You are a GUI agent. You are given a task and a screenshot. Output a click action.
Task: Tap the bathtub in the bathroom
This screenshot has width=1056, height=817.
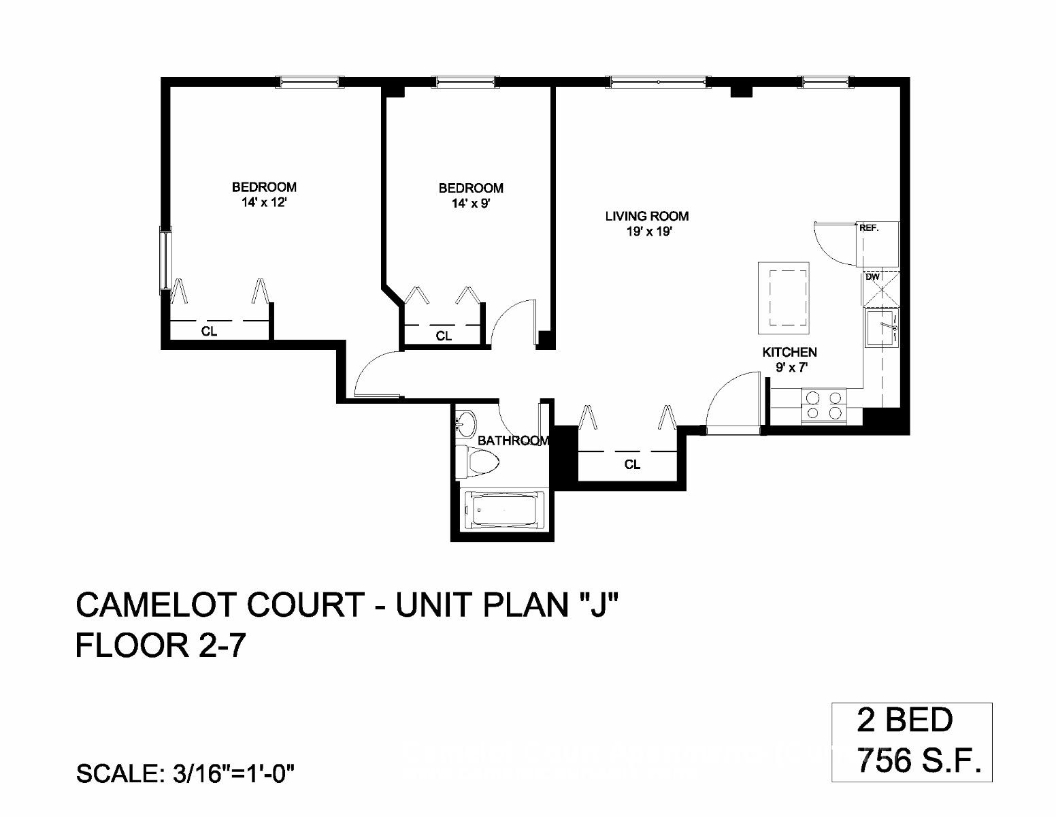[504, 510]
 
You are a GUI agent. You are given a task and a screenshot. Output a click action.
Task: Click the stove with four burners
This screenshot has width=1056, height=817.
[823, 404]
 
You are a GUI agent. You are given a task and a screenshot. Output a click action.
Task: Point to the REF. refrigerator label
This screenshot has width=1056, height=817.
[869, 229]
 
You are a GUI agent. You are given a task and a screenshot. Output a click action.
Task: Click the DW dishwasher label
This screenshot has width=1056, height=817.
[872, 277]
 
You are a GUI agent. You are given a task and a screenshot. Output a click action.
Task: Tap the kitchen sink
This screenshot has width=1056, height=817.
[881, 328]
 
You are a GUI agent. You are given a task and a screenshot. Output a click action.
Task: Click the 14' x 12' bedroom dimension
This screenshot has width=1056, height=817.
[264, 202]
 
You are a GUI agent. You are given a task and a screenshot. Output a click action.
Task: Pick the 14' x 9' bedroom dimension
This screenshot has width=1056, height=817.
[471, 204]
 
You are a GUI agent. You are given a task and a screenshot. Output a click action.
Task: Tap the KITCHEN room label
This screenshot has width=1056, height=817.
[789, 352]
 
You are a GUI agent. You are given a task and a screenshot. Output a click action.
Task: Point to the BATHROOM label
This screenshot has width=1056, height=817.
[512, 440]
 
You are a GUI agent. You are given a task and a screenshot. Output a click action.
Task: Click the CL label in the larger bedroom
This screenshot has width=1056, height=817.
[209, 332]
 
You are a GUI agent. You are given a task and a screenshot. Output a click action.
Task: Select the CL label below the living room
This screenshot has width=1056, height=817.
[632, 465]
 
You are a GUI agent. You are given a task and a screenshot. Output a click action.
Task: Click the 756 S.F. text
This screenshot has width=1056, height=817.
[920, 760]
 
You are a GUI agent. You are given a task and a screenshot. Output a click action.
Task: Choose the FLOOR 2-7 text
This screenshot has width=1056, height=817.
[159, 645]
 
